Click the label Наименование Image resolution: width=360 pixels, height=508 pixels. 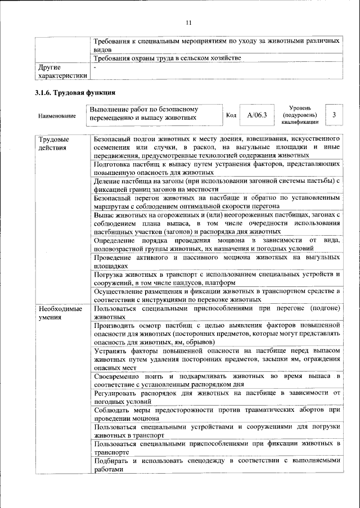(x=57, y=116)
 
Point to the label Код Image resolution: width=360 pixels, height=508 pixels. (x=231, y=115)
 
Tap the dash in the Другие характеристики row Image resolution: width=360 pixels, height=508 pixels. (x=96, y=67)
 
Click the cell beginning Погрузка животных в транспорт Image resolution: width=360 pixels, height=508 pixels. (x=217, y=278)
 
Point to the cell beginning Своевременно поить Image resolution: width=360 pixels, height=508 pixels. (x=217, y=379)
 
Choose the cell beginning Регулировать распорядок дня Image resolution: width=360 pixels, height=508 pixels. (x=217, y=397)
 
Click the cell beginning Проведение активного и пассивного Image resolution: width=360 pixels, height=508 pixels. (x=217, y=260)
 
